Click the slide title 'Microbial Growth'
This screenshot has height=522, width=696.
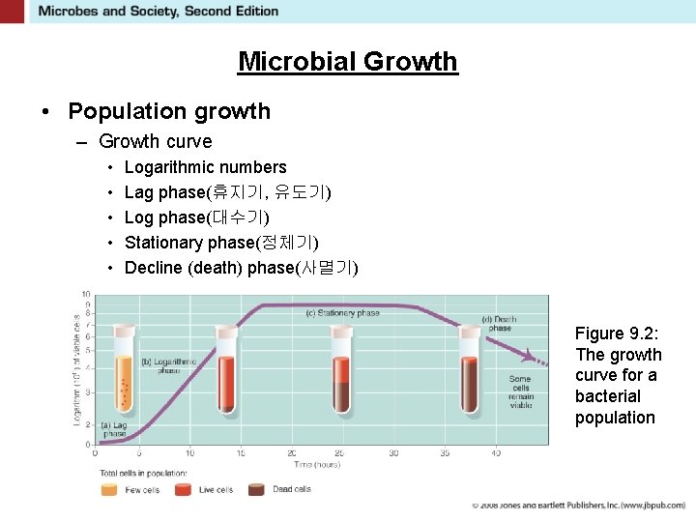(x=347, y=62)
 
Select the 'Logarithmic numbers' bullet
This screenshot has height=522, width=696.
(x=205, y=167)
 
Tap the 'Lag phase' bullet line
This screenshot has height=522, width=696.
(x=227, y=192)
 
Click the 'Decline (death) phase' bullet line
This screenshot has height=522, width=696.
(x=241, y=268)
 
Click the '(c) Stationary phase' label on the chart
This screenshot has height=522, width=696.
(x=342, y=313)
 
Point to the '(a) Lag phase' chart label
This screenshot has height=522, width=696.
(x=113, y=429)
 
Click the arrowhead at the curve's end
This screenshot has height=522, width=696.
(x=530, y=355)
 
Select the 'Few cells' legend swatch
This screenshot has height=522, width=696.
(x=110, y=489)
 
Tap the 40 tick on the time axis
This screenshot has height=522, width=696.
(x=496, y=452)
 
